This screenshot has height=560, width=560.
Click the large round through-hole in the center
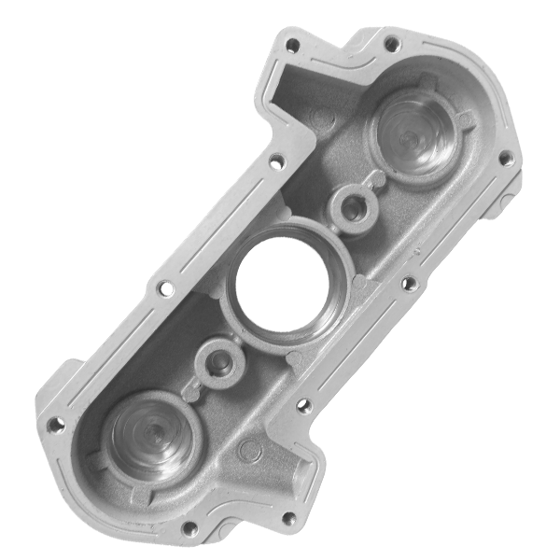280,285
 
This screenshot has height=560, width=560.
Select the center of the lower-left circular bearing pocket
149,435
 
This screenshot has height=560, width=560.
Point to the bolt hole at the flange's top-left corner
292,44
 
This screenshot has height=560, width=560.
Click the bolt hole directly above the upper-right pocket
391,43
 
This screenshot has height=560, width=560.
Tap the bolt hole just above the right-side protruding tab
505,159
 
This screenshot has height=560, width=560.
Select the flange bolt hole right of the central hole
408,282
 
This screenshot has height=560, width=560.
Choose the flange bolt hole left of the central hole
164,288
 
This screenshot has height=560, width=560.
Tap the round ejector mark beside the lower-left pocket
247,451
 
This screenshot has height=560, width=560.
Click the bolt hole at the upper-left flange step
275,161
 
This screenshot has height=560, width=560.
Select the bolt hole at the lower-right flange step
301,406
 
